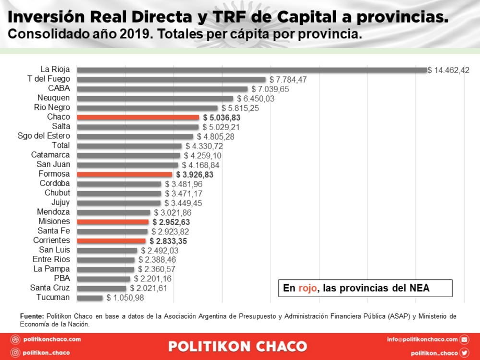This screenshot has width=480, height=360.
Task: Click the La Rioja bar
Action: (x=252, y=70)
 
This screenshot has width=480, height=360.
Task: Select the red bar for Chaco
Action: (x=138, y=117)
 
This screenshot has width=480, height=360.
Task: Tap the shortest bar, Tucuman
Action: (x=90, y=298)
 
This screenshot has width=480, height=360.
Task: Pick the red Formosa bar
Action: (x=124, y=174)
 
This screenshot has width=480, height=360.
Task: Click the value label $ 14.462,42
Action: (x=448, y=70)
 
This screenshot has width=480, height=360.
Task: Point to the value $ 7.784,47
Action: (x=288, y=80)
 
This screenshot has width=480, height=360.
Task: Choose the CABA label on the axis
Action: (x=59, y=88)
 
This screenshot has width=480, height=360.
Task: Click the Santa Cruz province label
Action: (x=50, y=288)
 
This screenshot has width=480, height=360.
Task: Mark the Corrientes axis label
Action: (x=51, y=240)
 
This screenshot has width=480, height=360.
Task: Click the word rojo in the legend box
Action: (x=308, y=288)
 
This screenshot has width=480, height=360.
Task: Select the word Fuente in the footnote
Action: (x=32, y=316)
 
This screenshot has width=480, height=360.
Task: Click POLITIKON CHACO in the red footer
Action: (x=238, y=347)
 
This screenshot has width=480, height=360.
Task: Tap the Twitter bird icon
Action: (x=464, y=353)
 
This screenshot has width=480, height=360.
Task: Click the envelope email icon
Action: (x=464, y=339)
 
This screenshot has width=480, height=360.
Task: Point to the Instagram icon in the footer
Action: (x=15, y=353)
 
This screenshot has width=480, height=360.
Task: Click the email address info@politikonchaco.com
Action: (x=422, y=339)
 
